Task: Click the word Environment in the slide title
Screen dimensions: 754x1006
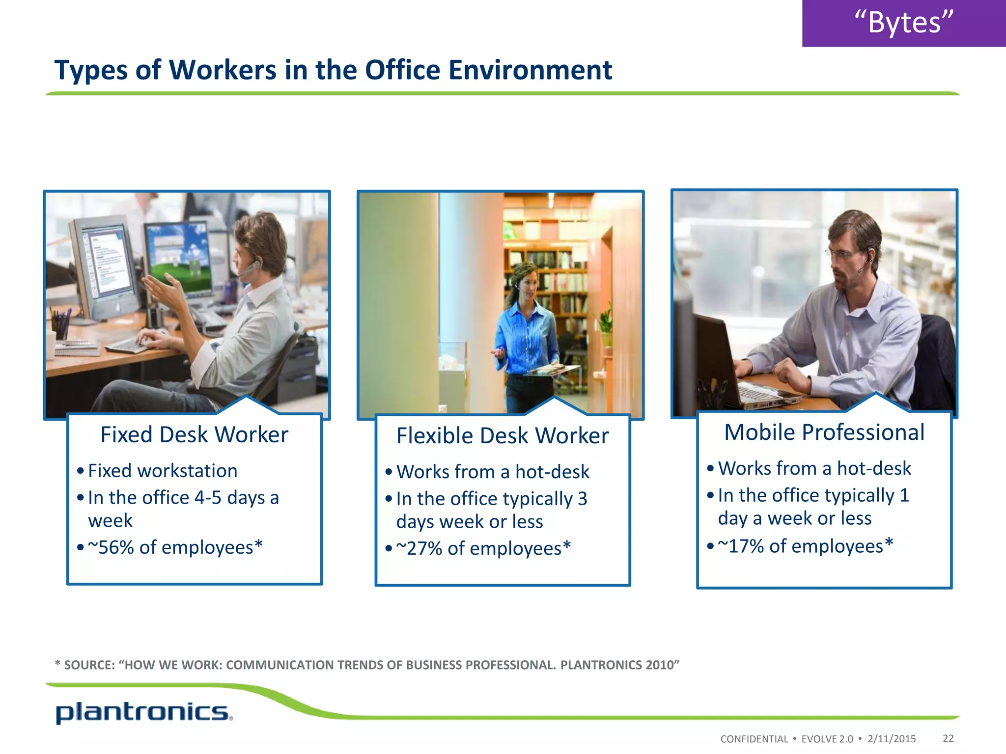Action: coord(530,70)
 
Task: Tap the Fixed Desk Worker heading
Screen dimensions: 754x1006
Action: coord(194,435)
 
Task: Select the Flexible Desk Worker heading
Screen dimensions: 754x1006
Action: coord(502,436)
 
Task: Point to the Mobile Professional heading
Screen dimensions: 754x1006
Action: coord(824,432)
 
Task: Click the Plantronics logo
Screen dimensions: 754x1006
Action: coord(142,713)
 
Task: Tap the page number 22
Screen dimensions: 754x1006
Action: coord(948,738)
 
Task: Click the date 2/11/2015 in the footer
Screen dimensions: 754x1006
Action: coord(892,739)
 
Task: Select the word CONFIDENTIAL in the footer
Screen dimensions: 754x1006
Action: coord(754,739)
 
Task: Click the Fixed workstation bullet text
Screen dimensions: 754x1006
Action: coord(163,471)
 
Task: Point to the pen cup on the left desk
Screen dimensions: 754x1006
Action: coord(60,326)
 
